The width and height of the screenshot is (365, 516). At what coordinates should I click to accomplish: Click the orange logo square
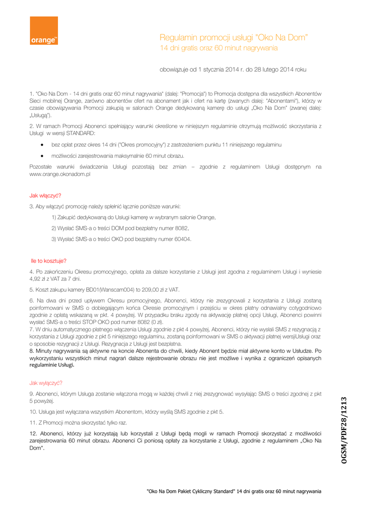click(x=44, y=31)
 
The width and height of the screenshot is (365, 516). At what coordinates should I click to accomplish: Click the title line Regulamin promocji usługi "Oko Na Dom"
click(x=234, y=38)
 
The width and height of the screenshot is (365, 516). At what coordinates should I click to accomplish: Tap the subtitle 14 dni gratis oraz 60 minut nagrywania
click(x=218, y=48)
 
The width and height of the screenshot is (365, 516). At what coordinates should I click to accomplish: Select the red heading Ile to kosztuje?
click(x=49, y=261)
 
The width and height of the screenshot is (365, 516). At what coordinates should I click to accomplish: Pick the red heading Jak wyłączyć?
click(x=46, y=383)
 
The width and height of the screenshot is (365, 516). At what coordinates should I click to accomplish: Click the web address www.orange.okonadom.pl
click(x=60, y=174)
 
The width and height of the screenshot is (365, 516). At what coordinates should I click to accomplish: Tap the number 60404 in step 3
click(x=182, y=239)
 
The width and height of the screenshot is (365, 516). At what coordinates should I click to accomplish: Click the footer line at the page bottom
click(x=234, y=491)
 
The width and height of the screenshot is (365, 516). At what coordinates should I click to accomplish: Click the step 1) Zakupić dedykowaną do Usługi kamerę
click(x=133, y=217)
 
